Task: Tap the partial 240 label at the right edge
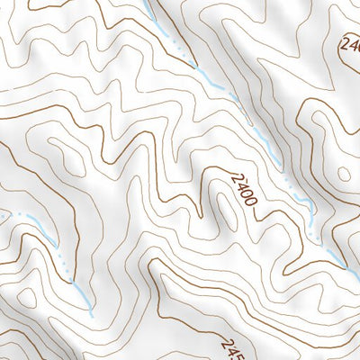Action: [x=350, y=44]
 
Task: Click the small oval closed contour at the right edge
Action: [x=343, y=175]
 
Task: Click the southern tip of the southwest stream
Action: [x=92, y=315]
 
